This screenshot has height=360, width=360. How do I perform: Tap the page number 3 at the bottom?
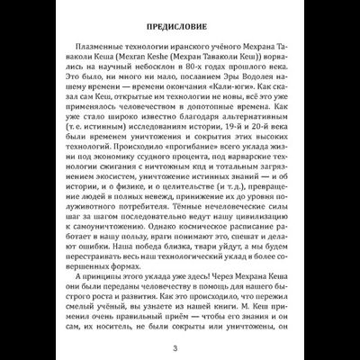180,346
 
